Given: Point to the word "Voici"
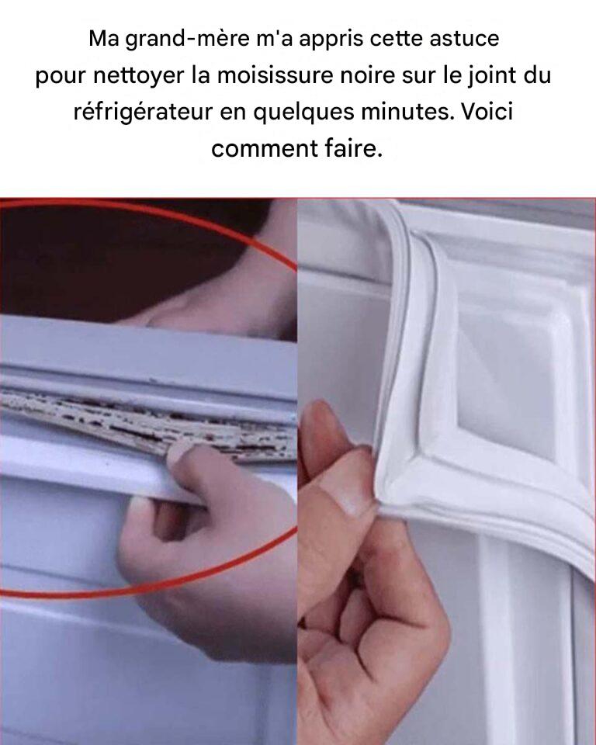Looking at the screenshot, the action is [487, 112].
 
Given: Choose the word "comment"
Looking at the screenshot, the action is [265, 150].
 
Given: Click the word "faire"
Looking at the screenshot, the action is [354, 149].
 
